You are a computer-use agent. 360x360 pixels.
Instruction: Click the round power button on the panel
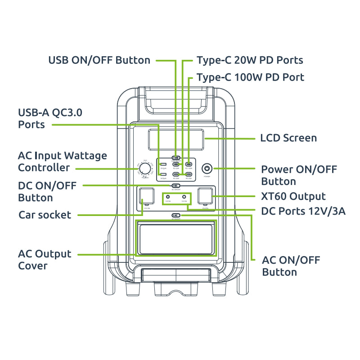[207, 169]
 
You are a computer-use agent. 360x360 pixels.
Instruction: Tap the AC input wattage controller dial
[145, 169]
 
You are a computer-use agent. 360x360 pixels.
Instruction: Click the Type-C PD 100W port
[189, 164]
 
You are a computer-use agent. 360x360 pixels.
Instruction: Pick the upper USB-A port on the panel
[163, 164]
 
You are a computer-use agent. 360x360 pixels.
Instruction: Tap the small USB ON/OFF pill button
[176, 158]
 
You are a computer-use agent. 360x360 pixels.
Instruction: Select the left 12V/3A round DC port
[168, 197]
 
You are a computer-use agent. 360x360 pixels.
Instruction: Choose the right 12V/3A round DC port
[184, 197]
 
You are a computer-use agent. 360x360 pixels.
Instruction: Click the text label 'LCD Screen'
[288, 138]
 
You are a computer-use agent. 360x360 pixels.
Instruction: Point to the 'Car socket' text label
[45, 215]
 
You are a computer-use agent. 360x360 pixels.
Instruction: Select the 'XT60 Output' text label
[293, 197]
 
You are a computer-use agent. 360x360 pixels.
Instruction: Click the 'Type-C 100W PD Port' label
[250, 77]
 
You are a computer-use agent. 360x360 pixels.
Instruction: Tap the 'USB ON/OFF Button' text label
[99, 60]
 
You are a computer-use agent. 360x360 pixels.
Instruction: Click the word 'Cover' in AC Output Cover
[32, 266]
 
